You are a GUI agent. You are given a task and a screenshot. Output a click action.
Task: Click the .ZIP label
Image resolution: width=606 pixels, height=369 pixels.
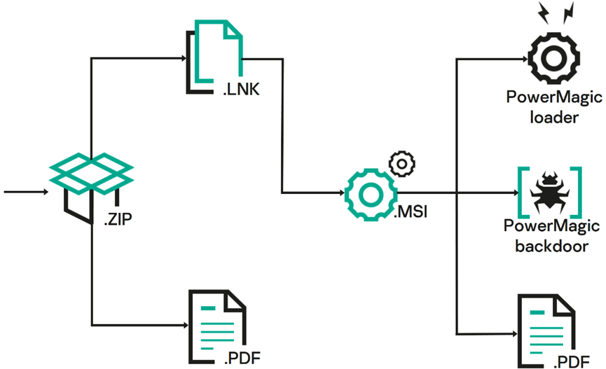point(118,221)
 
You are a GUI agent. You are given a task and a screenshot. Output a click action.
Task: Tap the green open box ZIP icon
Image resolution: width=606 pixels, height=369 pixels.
point(91,172)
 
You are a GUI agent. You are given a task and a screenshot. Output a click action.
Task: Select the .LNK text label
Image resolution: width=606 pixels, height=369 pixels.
point(242,89)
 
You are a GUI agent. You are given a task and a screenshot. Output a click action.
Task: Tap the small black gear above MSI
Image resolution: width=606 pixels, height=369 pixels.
point(401,164)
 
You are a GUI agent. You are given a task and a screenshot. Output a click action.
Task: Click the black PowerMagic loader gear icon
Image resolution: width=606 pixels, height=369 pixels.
point(553,60)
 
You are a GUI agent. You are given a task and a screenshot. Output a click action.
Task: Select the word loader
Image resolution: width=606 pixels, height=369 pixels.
point(553,117)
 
